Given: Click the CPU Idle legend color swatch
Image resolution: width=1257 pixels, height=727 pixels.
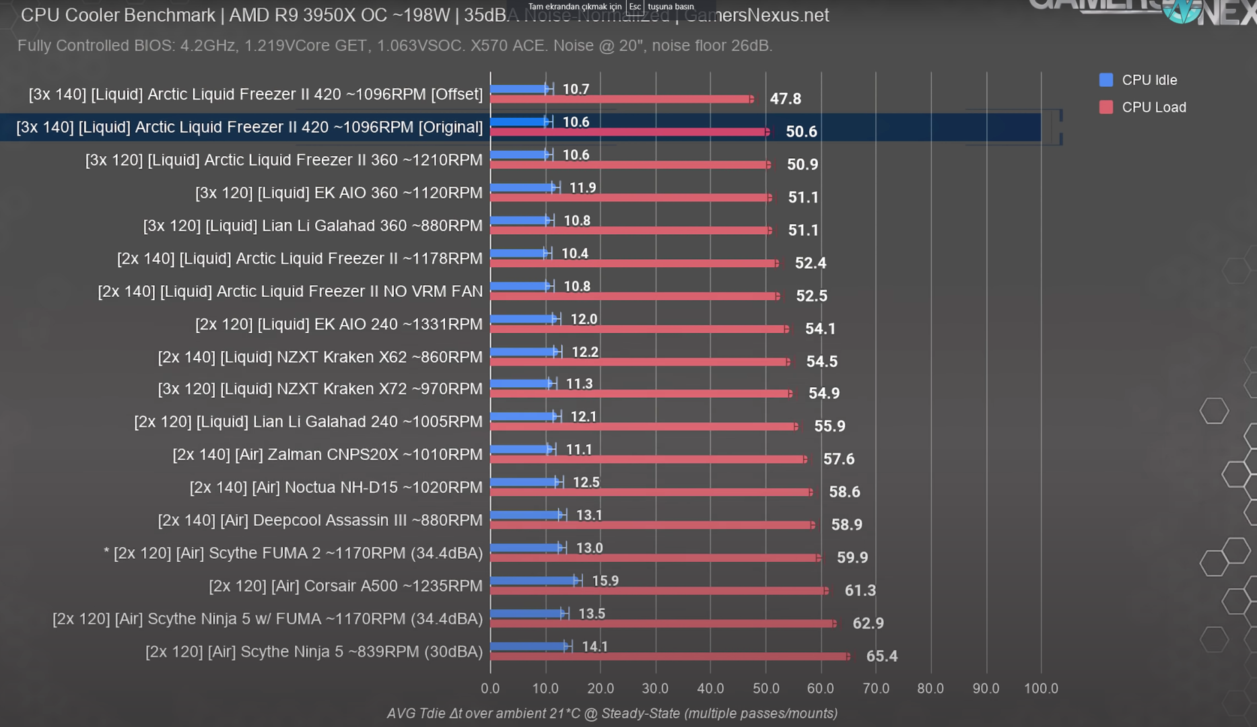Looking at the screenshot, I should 1106,80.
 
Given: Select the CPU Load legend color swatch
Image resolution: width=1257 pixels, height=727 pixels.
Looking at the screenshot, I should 1106,108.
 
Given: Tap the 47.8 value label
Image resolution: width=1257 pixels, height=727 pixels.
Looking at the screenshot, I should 785,99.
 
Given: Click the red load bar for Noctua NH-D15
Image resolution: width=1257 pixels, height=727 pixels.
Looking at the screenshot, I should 651,492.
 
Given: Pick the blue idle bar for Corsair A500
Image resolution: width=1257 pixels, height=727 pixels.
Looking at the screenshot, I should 534,580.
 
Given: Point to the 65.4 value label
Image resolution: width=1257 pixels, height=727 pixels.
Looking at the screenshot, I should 881,656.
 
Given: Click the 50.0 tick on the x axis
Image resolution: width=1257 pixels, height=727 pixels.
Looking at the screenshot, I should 766,689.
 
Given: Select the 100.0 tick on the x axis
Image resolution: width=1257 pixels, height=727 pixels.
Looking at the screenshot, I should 1041,689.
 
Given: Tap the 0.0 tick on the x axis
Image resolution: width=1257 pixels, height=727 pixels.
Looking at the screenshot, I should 490,689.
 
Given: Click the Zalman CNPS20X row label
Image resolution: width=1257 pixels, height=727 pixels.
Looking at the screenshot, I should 327,455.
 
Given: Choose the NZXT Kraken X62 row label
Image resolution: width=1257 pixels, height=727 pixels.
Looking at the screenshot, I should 320,357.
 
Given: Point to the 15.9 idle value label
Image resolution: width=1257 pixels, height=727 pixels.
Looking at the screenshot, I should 605,581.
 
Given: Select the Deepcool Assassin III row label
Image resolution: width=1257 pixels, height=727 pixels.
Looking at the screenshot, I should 320,520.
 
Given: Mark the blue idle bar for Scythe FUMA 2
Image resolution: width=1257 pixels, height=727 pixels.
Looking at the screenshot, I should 526,548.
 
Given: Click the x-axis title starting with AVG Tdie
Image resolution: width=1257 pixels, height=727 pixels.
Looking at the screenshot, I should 612,714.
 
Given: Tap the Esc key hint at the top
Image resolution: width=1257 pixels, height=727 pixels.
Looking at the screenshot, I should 635,7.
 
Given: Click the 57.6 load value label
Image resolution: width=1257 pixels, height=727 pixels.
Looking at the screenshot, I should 838,459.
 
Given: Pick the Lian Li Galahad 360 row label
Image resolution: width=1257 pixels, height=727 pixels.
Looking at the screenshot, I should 312,226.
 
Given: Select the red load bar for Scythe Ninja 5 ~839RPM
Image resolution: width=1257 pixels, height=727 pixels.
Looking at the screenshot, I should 669,656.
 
